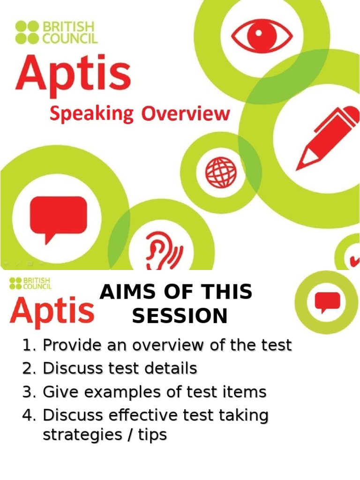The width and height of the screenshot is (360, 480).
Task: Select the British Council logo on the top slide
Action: coord(56,32)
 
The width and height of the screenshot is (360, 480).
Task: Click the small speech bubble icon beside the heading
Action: coord(327,301)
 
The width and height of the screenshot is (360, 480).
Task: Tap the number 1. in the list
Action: coord(29,345)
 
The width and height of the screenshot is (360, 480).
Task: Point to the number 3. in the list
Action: coord(29,392)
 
